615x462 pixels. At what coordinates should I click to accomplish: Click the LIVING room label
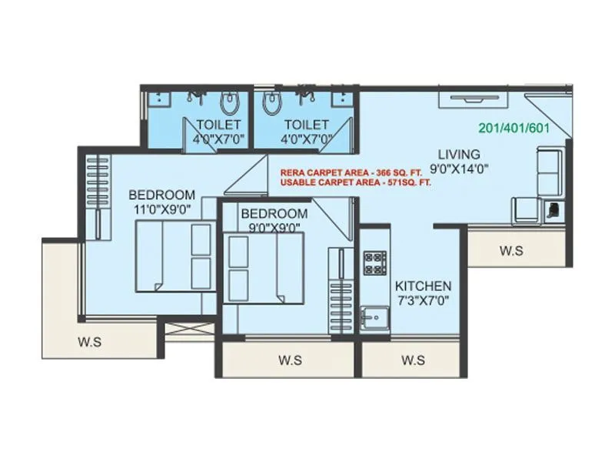coord(459,154)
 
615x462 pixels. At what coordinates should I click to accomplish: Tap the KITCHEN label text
coord(423,286)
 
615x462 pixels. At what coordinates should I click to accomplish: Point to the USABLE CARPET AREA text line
coord(355,184)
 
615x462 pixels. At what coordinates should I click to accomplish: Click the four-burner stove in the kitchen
coord(374,263)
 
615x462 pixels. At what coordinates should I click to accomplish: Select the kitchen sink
coord(375,317)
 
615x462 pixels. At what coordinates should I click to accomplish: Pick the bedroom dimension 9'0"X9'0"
coord(274,227)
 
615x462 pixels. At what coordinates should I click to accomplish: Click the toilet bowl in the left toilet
coord(229,102)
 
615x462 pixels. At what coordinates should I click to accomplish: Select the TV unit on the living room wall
coord(472,99)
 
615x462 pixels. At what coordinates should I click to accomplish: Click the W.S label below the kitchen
coord(414,359)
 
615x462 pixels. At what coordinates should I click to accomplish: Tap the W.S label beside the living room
coord(512,249)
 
